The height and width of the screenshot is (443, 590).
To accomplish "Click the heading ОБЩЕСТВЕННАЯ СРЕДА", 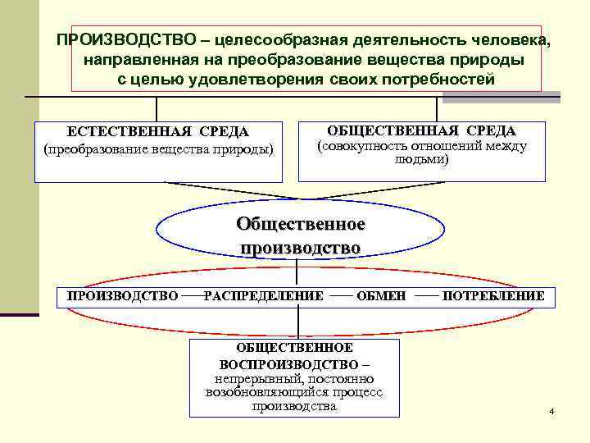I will [x=421, y=131].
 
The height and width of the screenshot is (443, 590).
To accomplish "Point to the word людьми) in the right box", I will [x=421, y=161].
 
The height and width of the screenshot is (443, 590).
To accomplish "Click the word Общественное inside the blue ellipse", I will [x=300, y=224].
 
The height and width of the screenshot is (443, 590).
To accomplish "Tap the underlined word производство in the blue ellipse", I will [x=300, y=247].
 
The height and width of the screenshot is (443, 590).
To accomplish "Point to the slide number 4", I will [x=552, y=410].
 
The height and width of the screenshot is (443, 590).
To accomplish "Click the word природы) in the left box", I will [x=247, y=148].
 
